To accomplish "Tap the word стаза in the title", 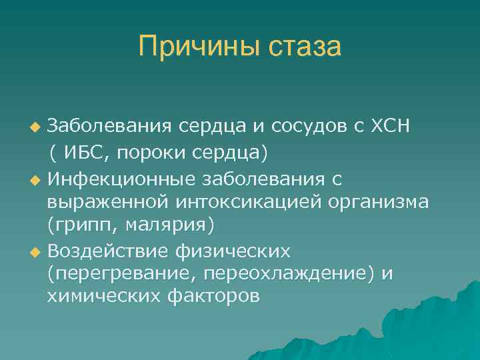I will (x=305, y=47).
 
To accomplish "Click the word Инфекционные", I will (x=117, y=178).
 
